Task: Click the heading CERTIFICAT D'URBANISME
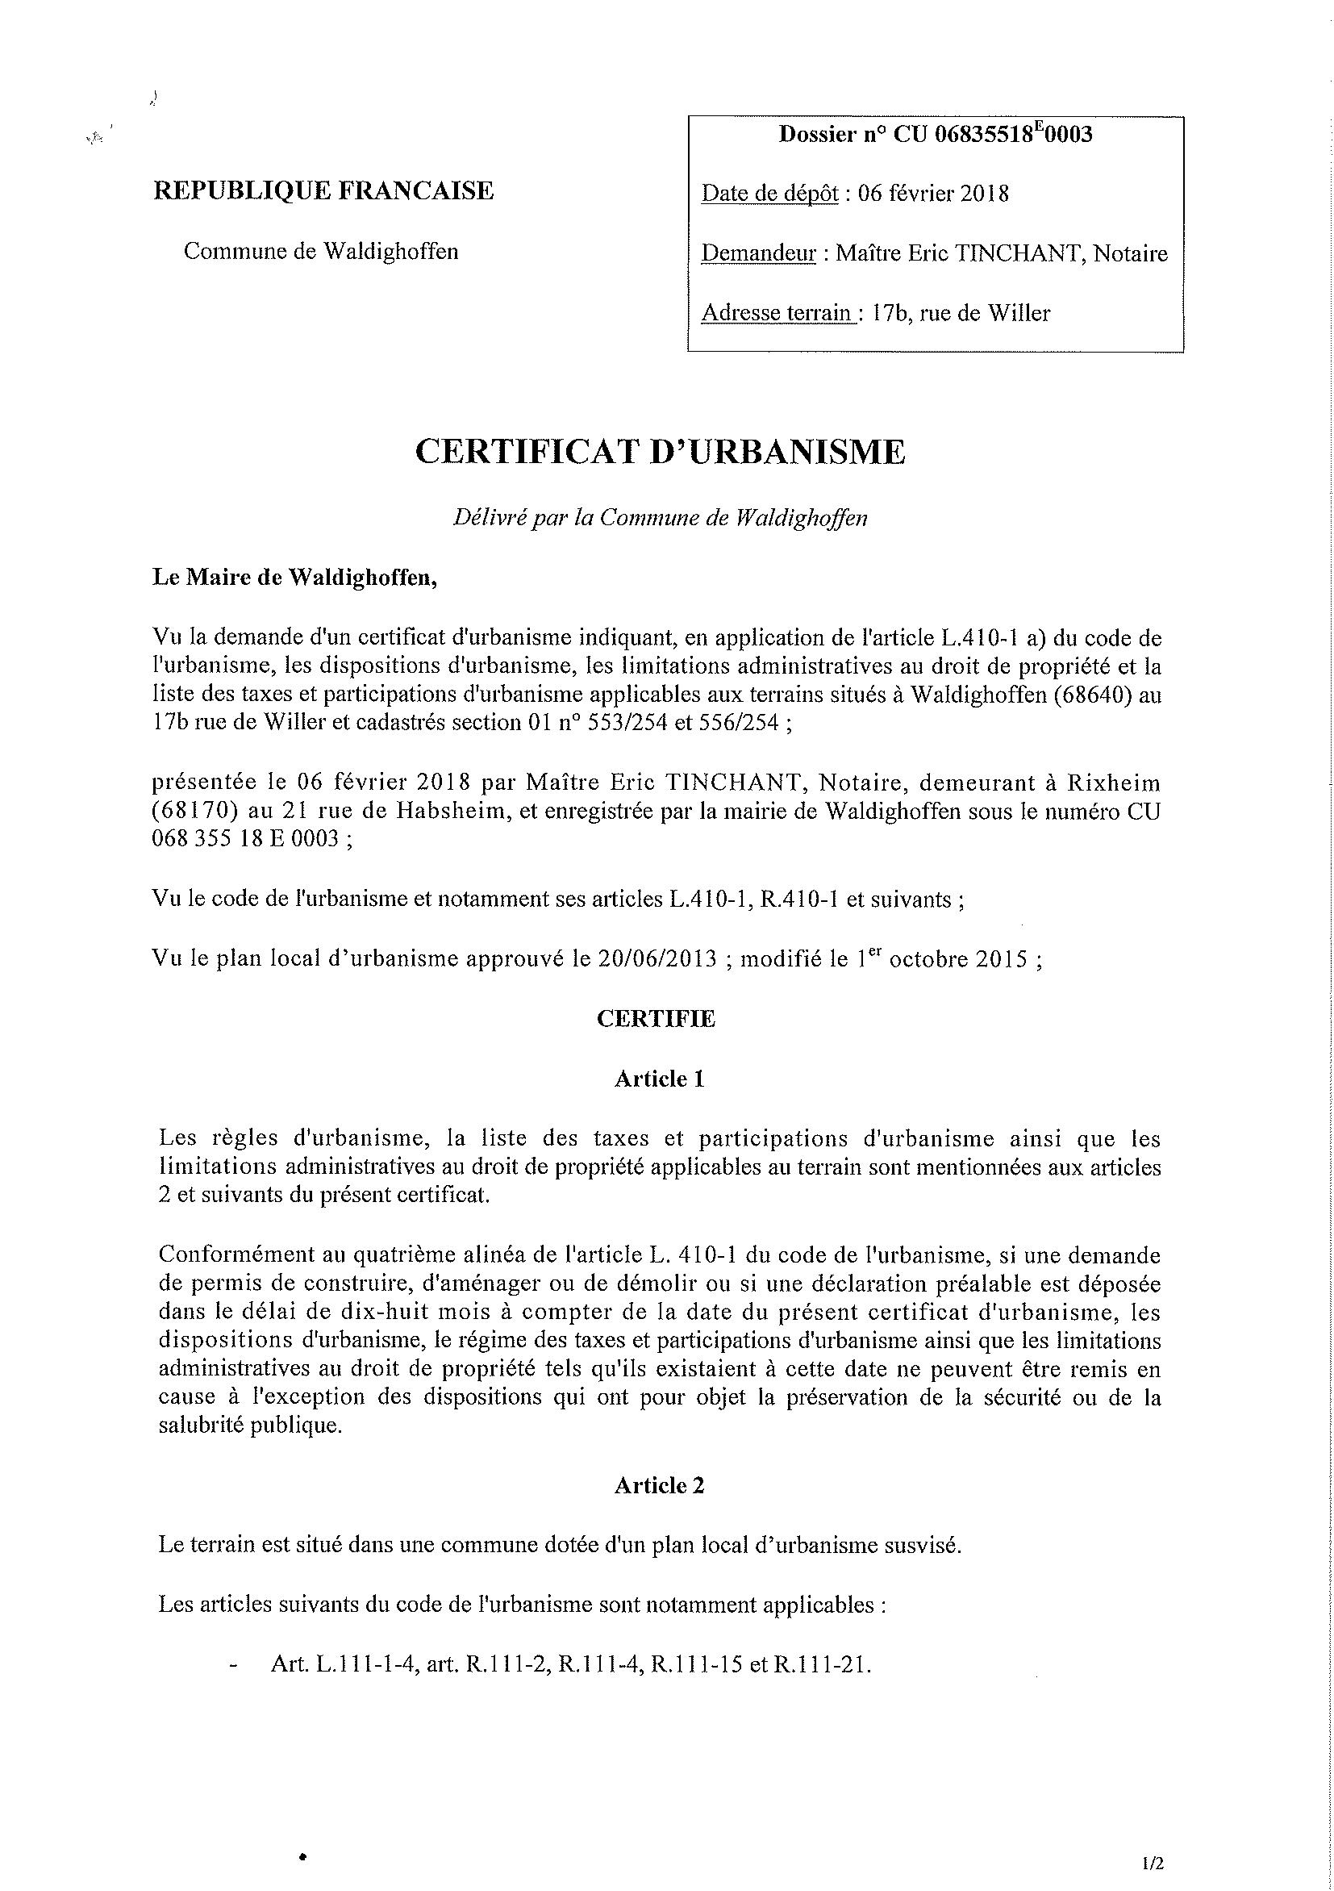660,452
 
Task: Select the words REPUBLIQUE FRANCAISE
323,191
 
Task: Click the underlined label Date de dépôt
769,194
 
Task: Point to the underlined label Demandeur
757,253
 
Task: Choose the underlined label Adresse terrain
777,313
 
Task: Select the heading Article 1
659,1079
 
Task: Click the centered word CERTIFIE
657,1020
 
